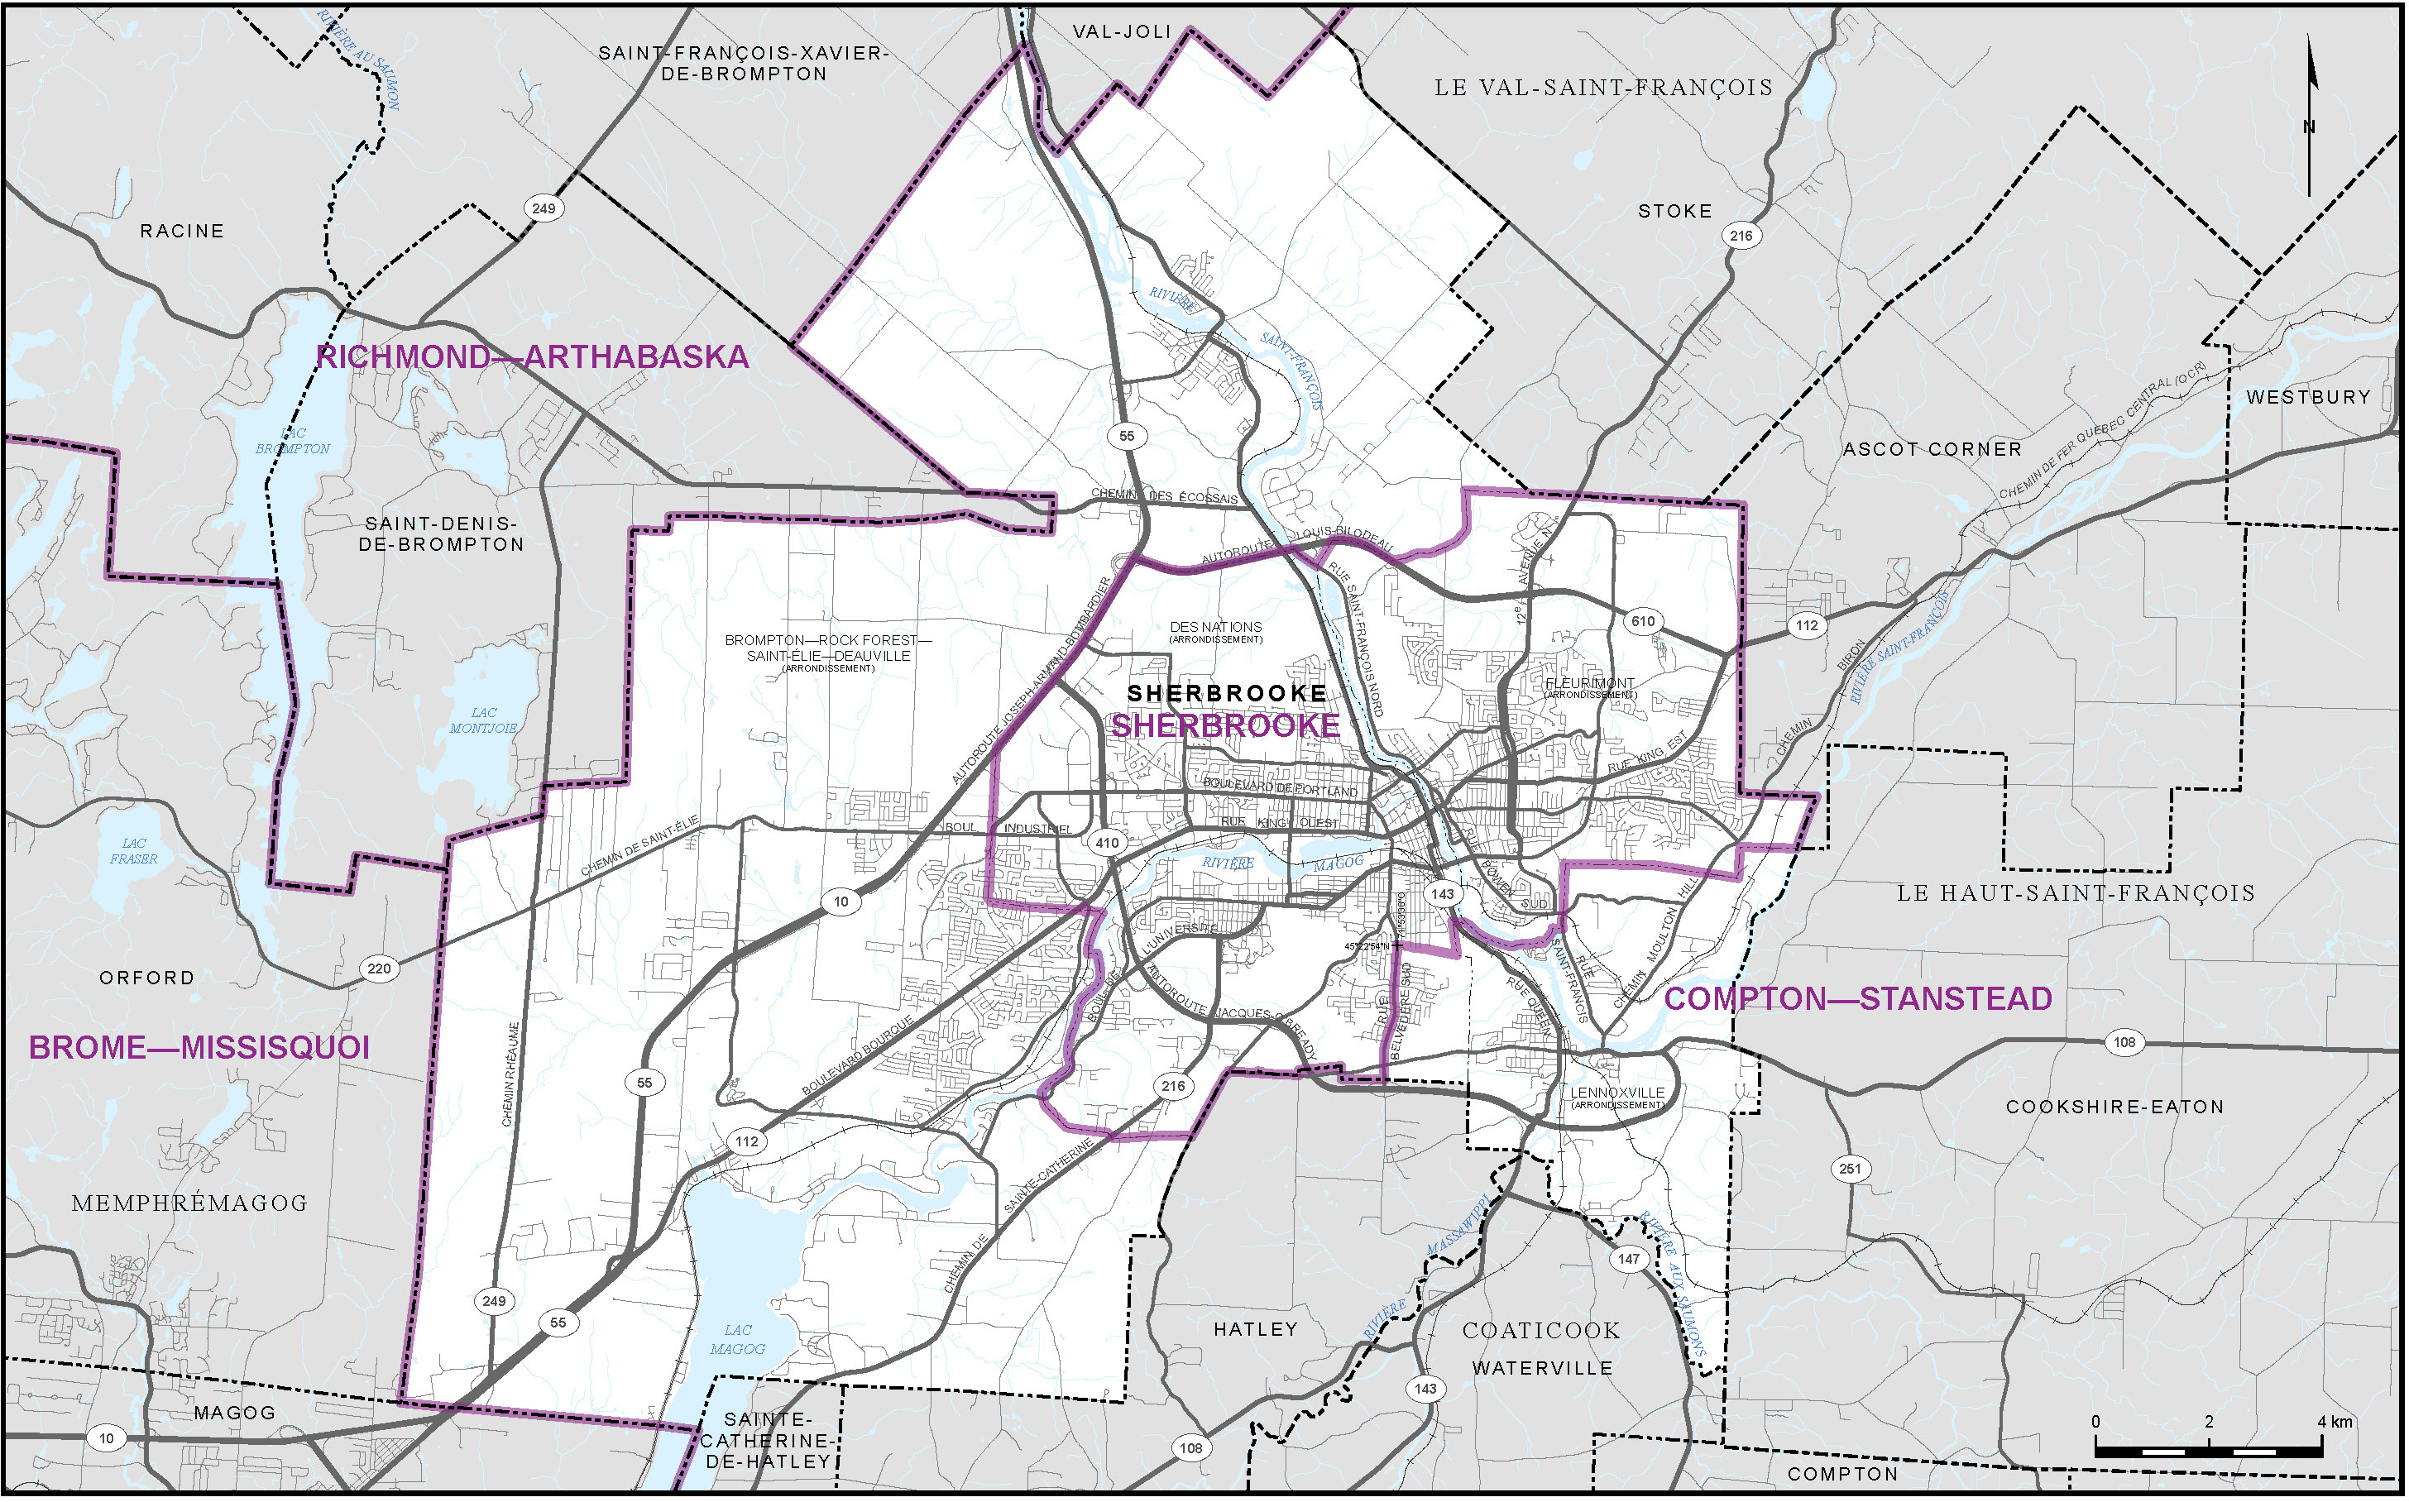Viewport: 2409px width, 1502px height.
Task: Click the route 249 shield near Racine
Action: click(544, 208)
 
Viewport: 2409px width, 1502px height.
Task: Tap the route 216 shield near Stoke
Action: click(1741, 236)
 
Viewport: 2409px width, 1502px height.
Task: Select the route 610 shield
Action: click(1643, 622)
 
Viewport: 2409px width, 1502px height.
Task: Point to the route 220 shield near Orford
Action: click(379, 969)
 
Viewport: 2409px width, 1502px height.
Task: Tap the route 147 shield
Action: click(1629, 1260)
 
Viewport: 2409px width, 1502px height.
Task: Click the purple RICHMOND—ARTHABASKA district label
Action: click(533, 357)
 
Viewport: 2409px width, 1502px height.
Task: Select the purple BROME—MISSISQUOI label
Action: click(199, 1048)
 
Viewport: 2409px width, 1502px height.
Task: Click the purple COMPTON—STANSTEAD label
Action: click(1858, 999)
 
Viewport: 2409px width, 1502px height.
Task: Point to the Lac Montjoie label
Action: click(483, 721)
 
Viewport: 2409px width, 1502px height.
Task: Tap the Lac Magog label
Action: click(737, 1340)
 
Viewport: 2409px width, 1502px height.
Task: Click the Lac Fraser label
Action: click(133, 851)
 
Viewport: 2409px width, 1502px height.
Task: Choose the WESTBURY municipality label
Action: click(2308, 397)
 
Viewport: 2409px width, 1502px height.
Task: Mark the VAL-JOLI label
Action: click(1123, 31)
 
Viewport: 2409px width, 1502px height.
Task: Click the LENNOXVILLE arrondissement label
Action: click(1617, 1096)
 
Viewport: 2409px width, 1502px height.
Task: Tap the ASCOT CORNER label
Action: click(1932, 450)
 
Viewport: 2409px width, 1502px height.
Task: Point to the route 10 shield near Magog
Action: click(106, 1438)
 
